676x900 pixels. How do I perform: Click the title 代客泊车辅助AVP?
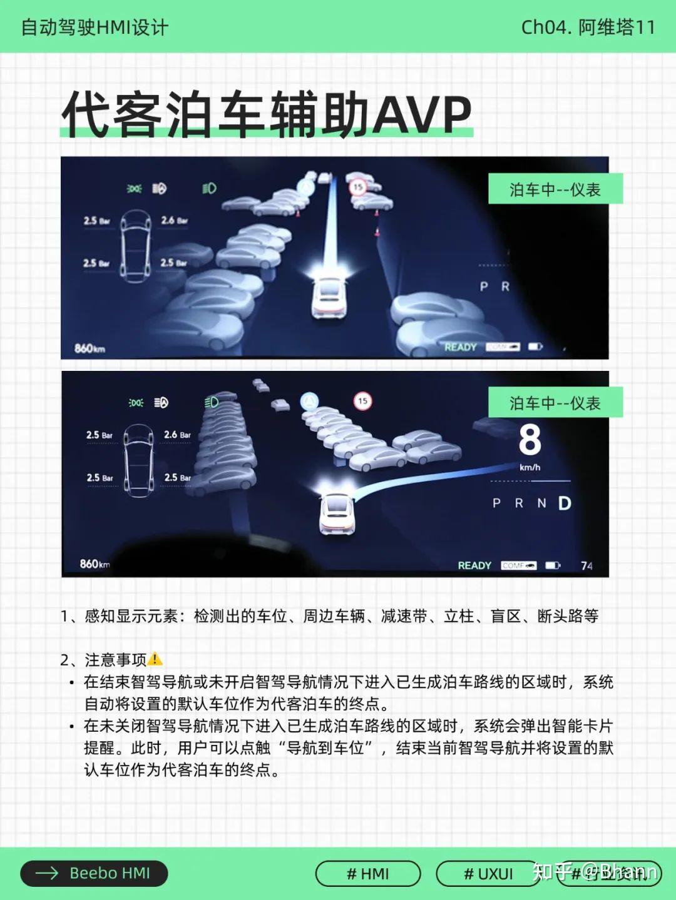pyautogui.click(x=266, y=114)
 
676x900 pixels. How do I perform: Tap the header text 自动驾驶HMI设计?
pyautogui.click(x=95, y=28)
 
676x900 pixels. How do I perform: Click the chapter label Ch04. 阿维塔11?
pyautogui.click(x=588, y=28)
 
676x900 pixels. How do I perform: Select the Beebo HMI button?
pyautogui.click(x=94, y=873)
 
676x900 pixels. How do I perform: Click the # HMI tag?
pyautogui.click(x=367, y=874)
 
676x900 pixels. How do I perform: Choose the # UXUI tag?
pyautogui.click(x=488, y=874)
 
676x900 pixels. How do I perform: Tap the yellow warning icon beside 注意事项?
pyautogui.click(x=155, y=659)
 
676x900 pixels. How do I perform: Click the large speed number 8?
pyautogui.click(x=530, y=440)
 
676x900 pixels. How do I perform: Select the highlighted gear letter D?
pyautogui.click(x=565, y=503)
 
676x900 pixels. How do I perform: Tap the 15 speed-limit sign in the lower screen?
pyautogui.click(x=362, y=401)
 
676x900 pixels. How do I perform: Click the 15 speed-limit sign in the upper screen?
pyautogui.click(x=357, y=186)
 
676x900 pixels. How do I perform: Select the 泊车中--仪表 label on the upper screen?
pyautogui.click(x=555, y=190)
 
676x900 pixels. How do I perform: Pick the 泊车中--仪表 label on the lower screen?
pyautogui.click(x=555, y=403)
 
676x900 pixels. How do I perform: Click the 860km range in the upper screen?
pyautogui.click(x=90, y=348)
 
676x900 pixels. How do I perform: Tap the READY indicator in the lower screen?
pyautogui.click(x=474, y=565)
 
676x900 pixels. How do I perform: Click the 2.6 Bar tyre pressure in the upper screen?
pyautogui.click(x=174, y=220)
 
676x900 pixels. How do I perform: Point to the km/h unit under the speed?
pyautogui.click(x=530, y=467)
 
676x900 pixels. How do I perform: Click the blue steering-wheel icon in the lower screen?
pyautogui.click(x=309, y=401)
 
